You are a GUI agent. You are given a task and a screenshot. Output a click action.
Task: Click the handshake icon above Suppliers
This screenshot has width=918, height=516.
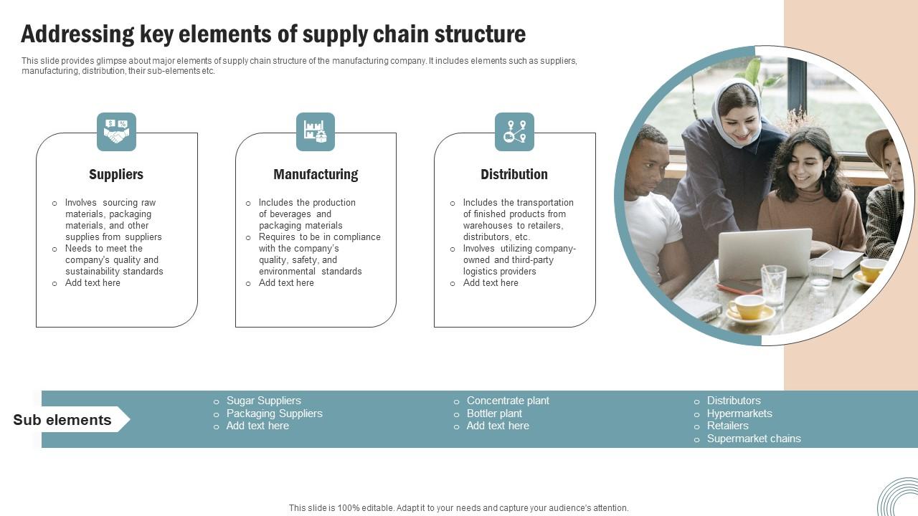(x=116, y=132)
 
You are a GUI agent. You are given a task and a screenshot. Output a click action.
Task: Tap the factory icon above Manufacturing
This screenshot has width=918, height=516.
(x=316, y=132)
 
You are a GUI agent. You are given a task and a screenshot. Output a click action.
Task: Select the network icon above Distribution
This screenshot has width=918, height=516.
(x=514, y=132)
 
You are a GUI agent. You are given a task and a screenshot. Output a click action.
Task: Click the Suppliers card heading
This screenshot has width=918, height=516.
(x=116, y=174)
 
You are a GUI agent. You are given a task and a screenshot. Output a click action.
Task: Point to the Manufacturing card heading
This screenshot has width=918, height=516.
(x=316, y=174)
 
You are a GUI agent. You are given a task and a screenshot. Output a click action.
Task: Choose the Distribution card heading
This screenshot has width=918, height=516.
(x=514, y=174)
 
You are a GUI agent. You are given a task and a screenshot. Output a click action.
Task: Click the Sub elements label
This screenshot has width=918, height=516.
(x=62, y=420)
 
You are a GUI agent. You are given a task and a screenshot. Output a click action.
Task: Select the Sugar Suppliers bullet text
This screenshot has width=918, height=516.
(x=263, y=401)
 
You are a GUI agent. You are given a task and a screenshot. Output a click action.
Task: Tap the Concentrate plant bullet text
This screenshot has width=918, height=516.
(x=508, y=401)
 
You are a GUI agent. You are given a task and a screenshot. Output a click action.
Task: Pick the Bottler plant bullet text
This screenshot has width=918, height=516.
(x=494, y=414)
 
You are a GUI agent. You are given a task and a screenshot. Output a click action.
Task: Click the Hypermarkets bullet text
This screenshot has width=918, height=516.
(x=739, y=414)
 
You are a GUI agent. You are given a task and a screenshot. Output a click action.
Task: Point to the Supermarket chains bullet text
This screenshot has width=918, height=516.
(x=754, y=439)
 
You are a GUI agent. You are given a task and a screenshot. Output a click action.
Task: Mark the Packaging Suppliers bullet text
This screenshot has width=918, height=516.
(x=274, y=414)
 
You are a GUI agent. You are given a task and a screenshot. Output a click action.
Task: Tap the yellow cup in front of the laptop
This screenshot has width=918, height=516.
(x=747, y=307)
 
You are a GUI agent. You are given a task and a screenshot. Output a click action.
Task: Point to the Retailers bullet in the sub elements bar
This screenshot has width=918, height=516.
(x=727, y=426)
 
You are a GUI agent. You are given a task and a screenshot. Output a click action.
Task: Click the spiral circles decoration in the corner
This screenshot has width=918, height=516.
(x=899, y=497)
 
